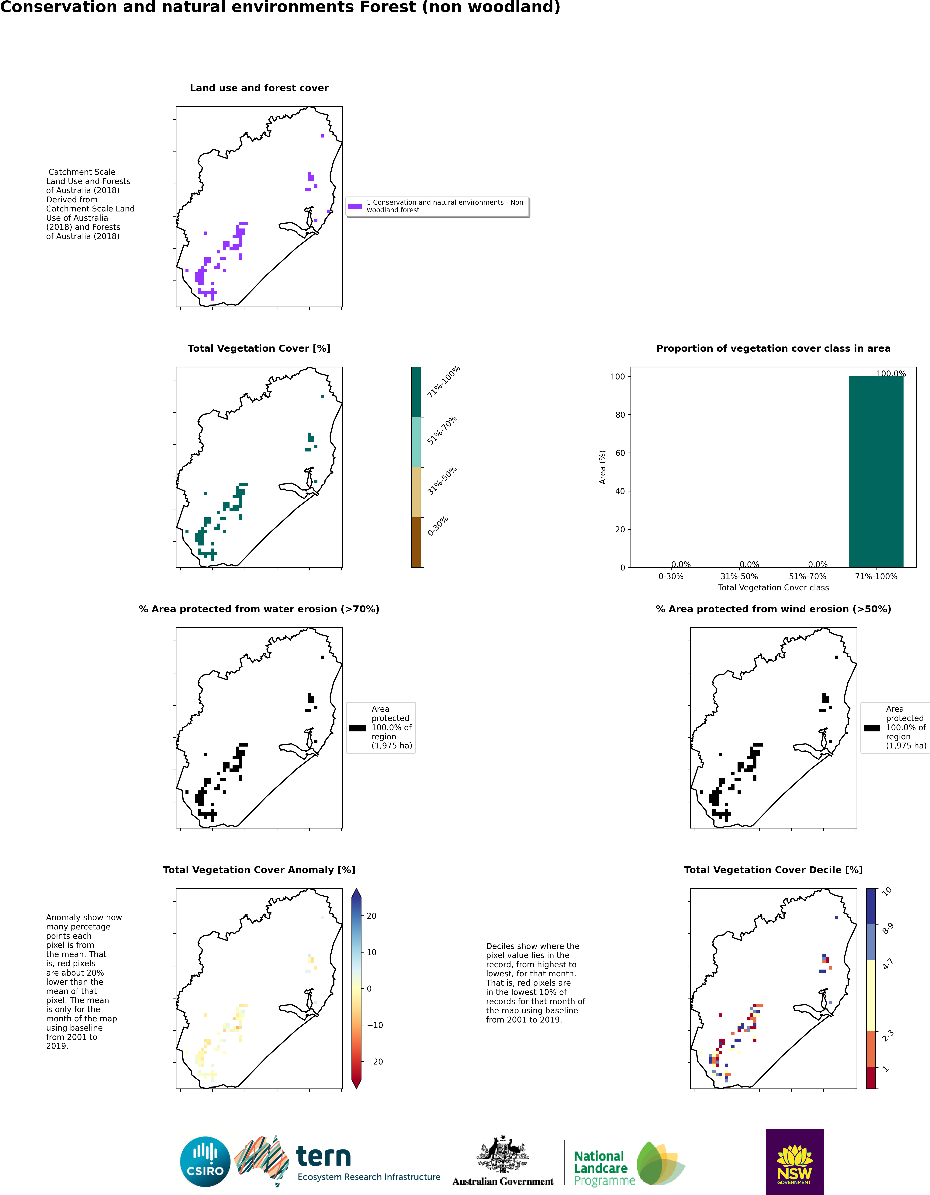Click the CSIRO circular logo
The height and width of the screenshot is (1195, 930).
tap(205, 1161)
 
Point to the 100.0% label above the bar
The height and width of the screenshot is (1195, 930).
tap(891, 374)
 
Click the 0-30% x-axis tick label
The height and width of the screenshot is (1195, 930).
tap(671, 576)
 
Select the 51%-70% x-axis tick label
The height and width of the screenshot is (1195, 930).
tap(807, 576)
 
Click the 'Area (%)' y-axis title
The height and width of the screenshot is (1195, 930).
tap(602, 467)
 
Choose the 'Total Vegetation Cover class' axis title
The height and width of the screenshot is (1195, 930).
tap(773, 588)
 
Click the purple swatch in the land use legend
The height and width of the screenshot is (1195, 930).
tap(355, 206)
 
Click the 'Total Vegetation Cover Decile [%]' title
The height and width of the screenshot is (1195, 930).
tap(773, 870)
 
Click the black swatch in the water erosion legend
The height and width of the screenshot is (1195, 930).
tap(357, 728)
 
